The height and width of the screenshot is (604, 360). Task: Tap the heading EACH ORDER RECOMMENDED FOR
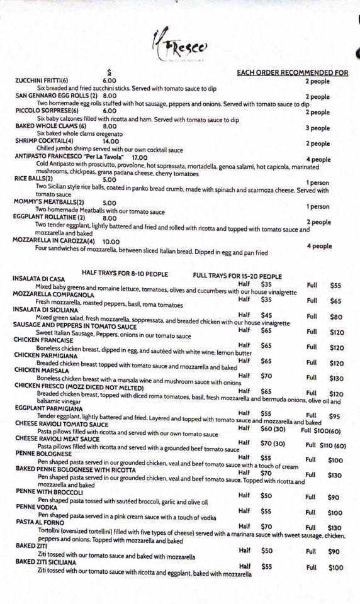click(x=292, y=73)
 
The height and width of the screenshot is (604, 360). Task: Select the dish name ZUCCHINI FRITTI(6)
click(x=42, y=81)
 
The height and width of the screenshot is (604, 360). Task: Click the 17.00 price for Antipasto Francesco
click(x=139, y=157)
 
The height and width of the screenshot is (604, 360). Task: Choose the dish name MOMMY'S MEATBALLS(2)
click(x=48, y=203)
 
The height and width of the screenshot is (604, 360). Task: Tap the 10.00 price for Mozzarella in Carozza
click(x=111, y=241)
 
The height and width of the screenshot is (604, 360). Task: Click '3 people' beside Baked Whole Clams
click(x=318, y=128)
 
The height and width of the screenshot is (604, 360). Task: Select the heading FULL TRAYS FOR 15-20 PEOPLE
click(x=237, y=276)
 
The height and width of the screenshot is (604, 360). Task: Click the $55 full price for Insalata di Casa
click(x=335, y=286)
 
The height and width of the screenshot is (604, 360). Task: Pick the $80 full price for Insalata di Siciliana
click(x=336, y=317)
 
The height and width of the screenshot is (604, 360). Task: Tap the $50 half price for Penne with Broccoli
click(x=266, y=496)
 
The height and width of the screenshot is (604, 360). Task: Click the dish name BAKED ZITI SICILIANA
click(x=48, y=561)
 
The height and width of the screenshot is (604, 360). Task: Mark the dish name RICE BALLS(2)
click(x=35, y=179)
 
